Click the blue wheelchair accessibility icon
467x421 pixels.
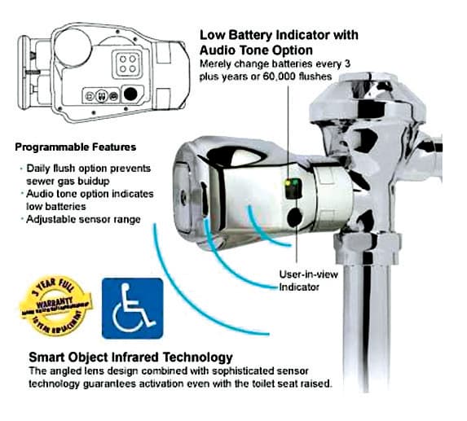tap(132, 308)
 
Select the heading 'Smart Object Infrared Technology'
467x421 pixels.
tap(130, 357)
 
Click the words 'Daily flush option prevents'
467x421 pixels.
tap(82, 168)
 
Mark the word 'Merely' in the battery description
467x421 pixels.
tap(216, 63)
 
